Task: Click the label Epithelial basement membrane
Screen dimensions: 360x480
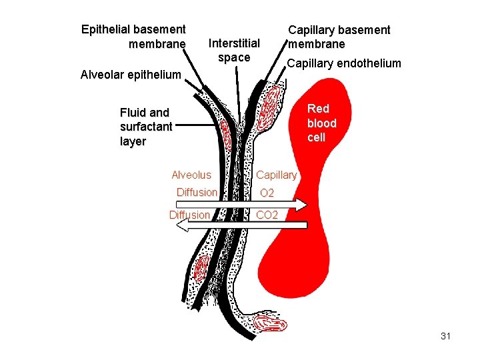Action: [133, 37]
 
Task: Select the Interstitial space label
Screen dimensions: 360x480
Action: [234, 51]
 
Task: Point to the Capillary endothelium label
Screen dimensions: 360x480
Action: [343, 63]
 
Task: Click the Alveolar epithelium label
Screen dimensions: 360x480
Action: [131, 74]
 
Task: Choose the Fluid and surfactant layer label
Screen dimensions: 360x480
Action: [145, 127]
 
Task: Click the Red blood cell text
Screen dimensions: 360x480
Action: [321, 123]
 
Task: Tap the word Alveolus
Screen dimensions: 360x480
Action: [191, 175]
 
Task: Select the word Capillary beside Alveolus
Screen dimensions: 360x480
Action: [276, 175]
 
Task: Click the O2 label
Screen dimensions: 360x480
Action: [267, 193]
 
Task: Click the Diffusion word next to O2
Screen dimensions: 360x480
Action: [197, 193]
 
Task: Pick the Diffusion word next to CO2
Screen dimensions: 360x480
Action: [190, 215]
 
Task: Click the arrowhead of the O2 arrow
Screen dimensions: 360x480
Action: [302, 204]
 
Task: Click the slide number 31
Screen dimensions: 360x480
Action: [446, 336]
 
